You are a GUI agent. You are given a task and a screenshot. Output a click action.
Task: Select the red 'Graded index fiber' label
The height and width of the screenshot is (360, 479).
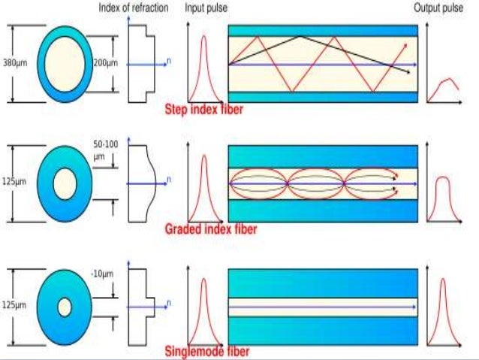(x=210, y=229)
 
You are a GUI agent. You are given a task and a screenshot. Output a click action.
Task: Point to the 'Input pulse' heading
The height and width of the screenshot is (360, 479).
(x=207, y=8)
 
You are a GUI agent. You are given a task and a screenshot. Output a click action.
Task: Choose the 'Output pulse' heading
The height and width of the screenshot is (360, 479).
(x=438, y=8)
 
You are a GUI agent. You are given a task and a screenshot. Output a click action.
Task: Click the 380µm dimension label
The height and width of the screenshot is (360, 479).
(x=15, y=62)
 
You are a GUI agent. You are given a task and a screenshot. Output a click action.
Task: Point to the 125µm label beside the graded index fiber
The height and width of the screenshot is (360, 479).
(x=15, y=183)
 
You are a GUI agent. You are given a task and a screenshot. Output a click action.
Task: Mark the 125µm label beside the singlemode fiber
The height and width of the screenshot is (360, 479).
(x=15, y=306)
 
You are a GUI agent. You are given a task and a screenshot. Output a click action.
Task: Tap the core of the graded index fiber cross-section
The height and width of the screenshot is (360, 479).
(x=64, y=183)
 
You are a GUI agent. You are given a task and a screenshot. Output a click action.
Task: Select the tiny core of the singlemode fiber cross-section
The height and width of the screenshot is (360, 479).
(x=64, y=306)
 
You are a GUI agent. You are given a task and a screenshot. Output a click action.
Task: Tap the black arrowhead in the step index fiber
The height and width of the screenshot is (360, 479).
(x=407, y=72)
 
